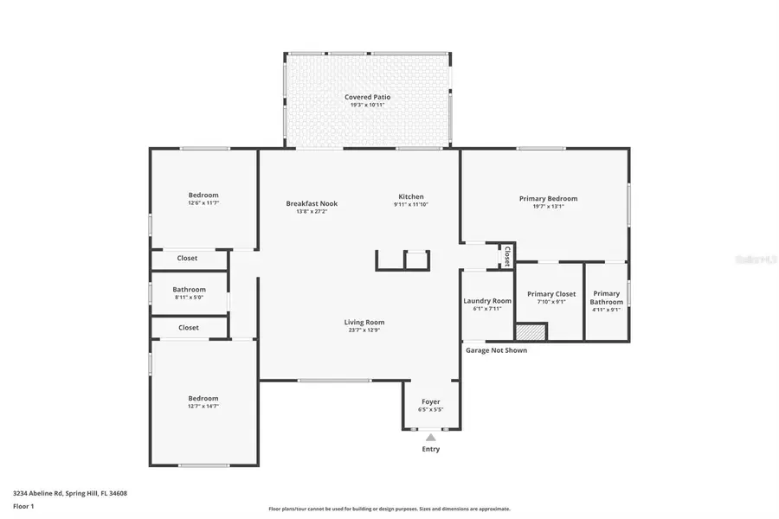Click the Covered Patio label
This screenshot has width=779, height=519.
[x=368, y=97]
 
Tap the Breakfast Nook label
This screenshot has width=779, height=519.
[x=312, y=203]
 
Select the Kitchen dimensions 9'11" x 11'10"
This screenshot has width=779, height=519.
[x=411, y=205]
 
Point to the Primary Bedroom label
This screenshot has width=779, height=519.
[x=548, y=198]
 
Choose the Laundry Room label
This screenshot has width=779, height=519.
[x=487, y=300]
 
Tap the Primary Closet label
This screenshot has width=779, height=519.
[x=551, y=294]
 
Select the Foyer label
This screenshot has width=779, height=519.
[x=430, y=401]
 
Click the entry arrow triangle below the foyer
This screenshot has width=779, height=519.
[x=430, y=437]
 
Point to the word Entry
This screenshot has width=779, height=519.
[x=430, y=449]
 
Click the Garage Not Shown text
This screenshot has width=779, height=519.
[x=496, y=350]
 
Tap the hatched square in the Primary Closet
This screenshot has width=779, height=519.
[x=531, y=331]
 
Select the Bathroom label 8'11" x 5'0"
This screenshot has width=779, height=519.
[x=189, y=290]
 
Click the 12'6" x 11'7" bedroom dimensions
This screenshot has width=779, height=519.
[x=203, y=203]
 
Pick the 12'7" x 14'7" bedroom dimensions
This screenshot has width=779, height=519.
[x=203, y=406]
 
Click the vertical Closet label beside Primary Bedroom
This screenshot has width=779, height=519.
[x=506, y=256]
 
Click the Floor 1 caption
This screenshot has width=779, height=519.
[x=23, y=506]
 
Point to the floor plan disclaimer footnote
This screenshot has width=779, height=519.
[x=389, y=509]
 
